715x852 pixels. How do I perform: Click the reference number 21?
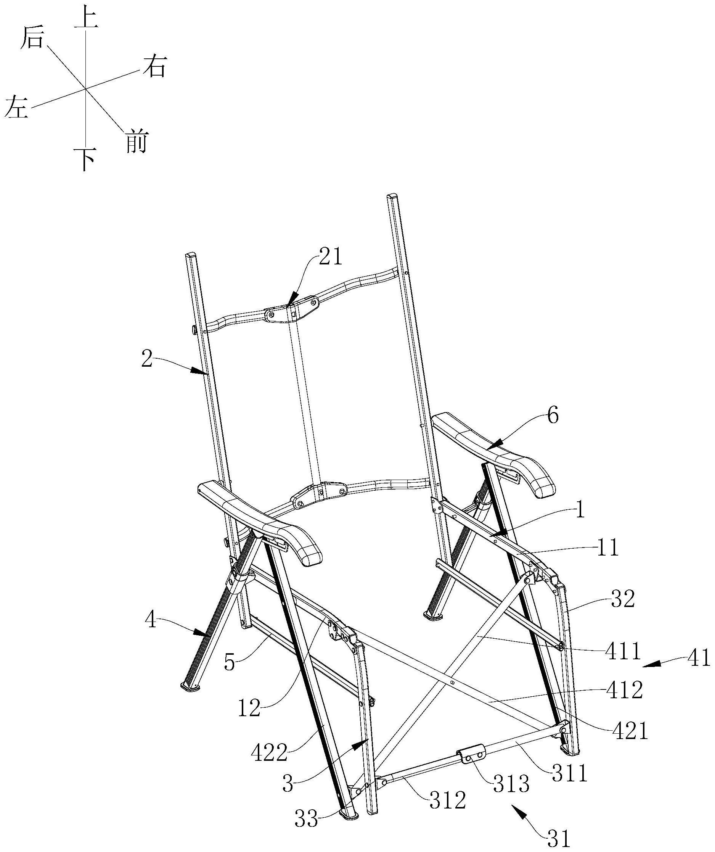[x=331, y=257]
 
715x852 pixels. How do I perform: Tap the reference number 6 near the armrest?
[x=553, y=416]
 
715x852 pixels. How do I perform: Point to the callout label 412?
[x=625, y=691]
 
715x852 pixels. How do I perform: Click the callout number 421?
[x=630, y=731]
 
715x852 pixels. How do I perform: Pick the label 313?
[x=511, y=784]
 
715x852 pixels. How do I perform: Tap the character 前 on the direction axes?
[x=136, y=142]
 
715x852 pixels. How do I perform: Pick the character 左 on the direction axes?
[x=17, y=107]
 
